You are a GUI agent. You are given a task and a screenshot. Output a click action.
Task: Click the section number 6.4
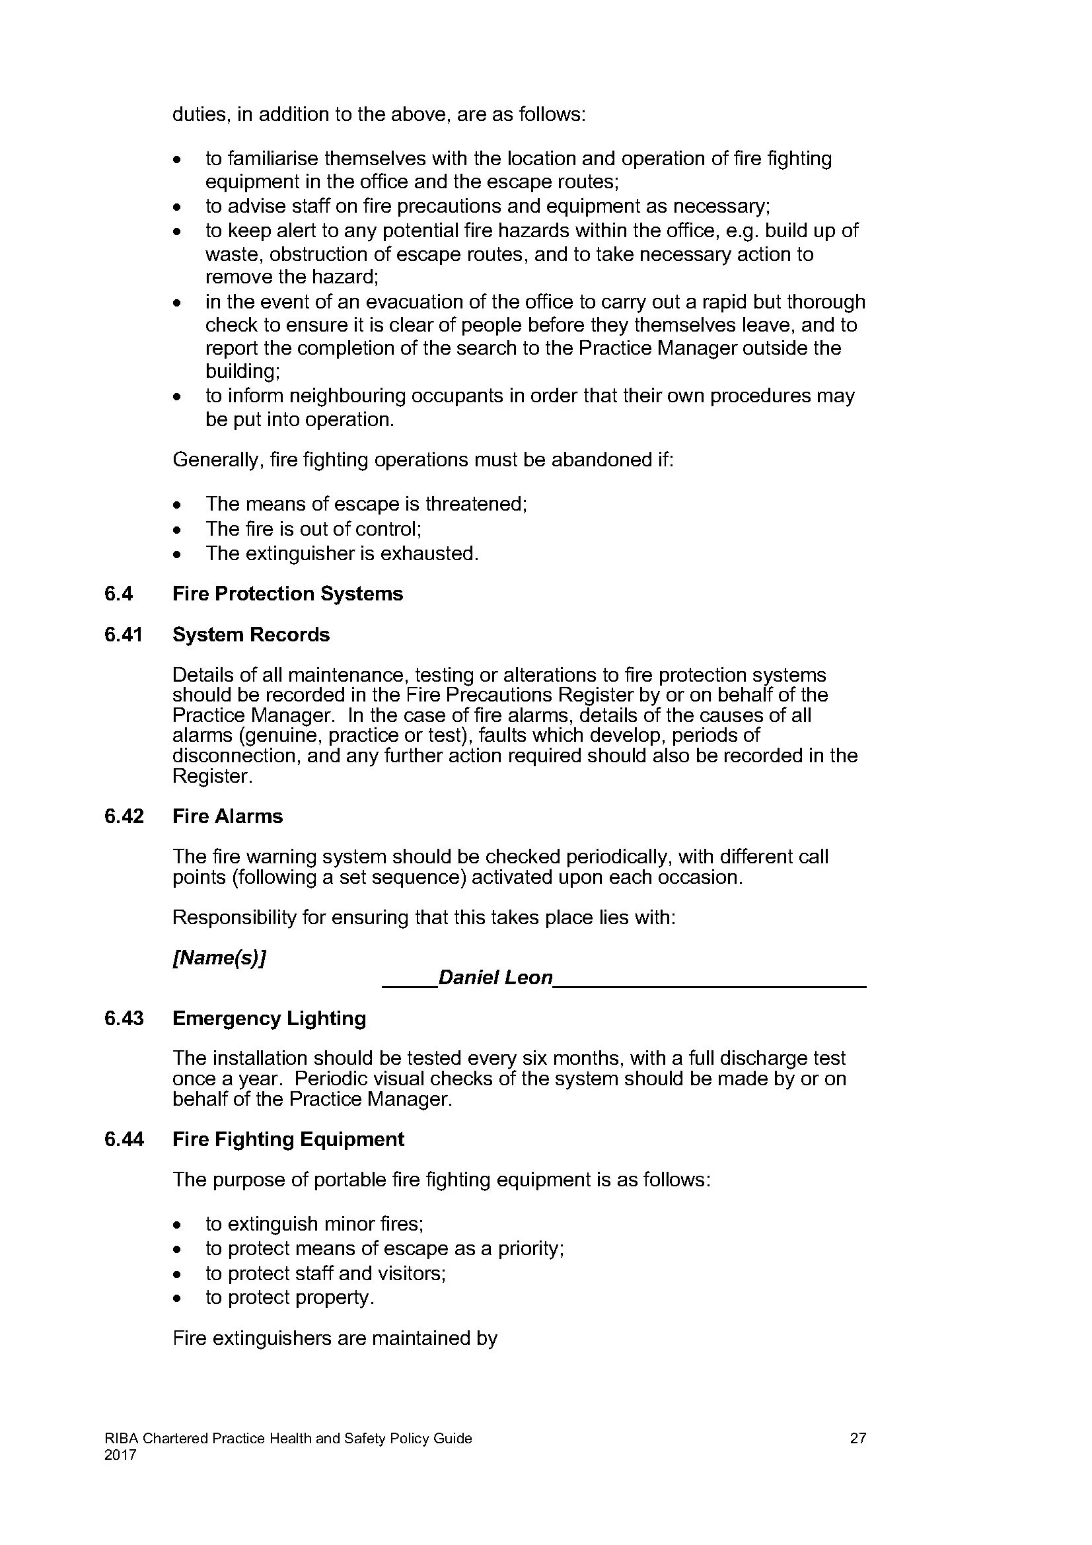(118, 594)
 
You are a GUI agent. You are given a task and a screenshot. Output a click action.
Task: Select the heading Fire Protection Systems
(287, 594)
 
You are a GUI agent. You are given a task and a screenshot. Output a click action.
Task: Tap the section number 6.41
(123, 635)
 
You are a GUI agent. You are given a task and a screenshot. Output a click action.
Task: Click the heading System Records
(251, 635)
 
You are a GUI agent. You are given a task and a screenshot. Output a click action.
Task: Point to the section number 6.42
(124, 816)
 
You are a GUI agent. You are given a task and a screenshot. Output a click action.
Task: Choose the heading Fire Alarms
(227, 816)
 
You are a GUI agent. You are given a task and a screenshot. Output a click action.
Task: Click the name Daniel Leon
(495, 978)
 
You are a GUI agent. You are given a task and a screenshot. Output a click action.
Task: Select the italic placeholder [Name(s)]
(219, 958)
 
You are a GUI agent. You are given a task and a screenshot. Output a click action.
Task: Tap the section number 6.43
(124, 1018)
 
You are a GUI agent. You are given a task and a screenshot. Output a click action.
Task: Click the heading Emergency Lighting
(269, 1018)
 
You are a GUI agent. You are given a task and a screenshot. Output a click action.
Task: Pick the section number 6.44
(124, 1139)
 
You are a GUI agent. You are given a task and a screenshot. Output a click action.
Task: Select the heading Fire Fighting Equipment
(288, 1139)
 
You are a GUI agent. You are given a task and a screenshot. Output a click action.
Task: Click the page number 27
(858, 1439)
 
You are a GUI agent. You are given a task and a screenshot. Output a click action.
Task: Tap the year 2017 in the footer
(120, 1455)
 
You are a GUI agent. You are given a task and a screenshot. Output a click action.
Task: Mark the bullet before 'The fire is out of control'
(176, 530)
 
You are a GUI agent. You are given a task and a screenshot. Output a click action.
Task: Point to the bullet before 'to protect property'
(176, 1299)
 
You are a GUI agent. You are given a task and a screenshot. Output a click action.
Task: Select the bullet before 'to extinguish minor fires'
(176, 1225)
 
